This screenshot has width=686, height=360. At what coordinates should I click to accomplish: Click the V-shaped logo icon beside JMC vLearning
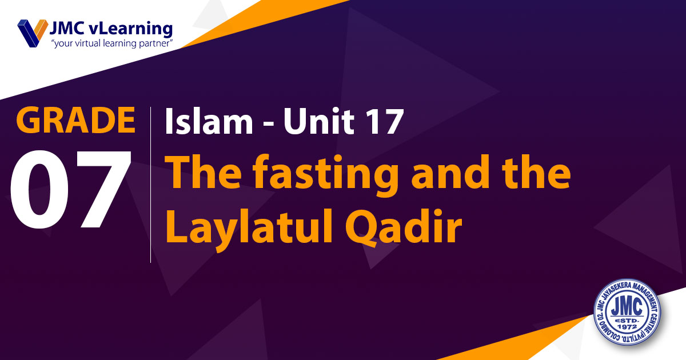[33, 33]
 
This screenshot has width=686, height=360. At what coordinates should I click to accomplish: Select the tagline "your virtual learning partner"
[112, 43]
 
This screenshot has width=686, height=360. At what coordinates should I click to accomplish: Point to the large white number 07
[71, 189]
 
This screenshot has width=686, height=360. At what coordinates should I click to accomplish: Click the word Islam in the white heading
[209, 121]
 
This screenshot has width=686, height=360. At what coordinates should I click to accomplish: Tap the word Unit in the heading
[319, 121]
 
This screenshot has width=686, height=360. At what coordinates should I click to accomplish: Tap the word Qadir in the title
[404, 227]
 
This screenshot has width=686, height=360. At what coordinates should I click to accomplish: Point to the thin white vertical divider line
[151, 185]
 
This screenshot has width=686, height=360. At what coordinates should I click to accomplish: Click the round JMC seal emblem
[627, 312]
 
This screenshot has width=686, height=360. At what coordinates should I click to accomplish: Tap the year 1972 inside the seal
[627, 327]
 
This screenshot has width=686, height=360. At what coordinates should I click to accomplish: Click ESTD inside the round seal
[627, 320]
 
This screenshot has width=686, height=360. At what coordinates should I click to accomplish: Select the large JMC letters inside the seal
[627, 307]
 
